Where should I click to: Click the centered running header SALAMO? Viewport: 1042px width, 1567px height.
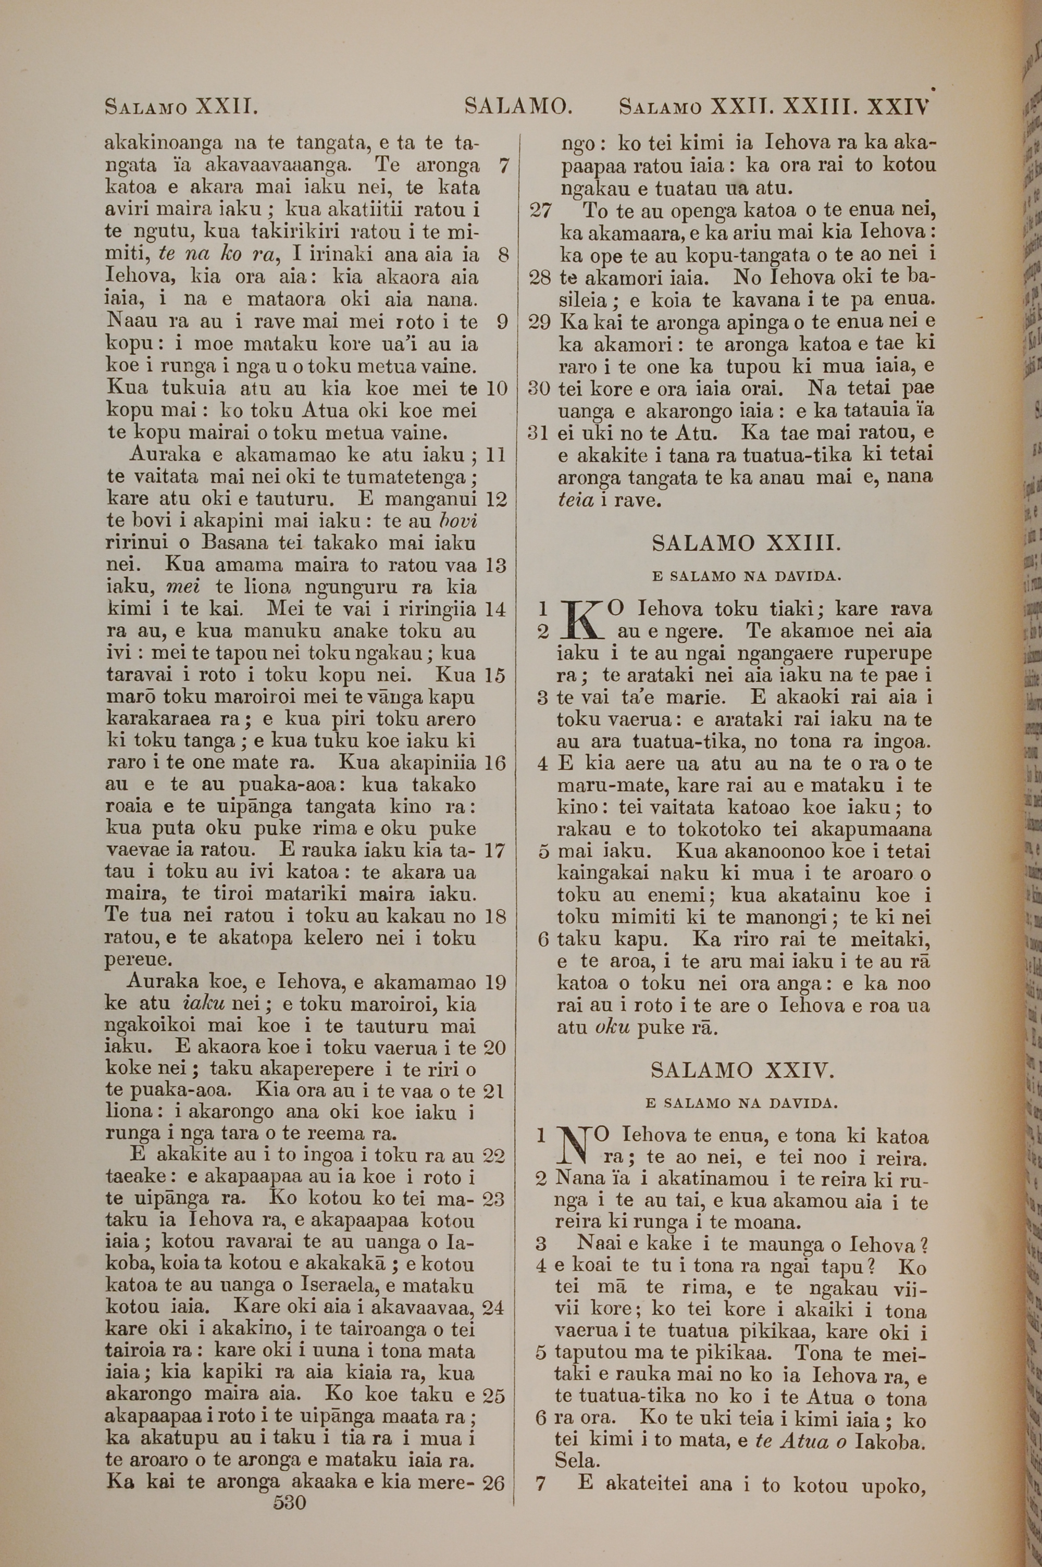point(518,106)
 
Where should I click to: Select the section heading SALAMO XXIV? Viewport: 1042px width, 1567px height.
point(741,1070)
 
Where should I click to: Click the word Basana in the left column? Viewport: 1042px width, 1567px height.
point(234,543)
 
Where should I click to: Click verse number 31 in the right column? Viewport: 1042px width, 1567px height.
point(541,433)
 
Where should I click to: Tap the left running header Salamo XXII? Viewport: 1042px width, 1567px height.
point(181,106)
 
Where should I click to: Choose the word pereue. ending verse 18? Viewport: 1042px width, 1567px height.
point(140,961)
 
